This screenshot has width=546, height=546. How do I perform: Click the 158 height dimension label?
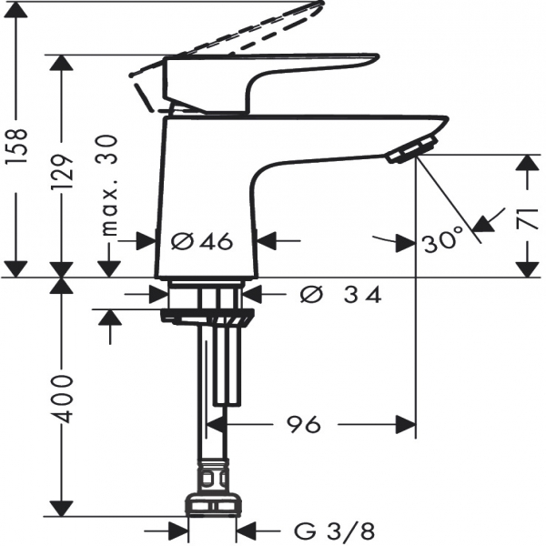[x=16, y=146]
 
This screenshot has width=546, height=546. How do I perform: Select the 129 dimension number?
[x=62, y=172]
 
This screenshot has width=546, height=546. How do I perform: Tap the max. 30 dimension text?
[x=108, y=186]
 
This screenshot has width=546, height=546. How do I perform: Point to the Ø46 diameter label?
[x=201, y=241]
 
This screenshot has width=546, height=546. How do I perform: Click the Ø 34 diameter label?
[x=340, y=295]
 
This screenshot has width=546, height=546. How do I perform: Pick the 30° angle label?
[x=443, y=239]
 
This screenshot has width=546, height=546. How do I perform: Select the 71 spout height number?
[x=528, y=218]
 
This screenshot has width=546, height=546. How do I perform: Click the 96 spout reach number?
[x=303, y=424]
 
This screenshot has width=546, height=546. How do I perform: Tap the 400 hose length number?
[x=62, y=399]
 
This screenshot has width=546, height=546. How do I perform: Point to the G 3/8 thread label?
[x=334, y=531]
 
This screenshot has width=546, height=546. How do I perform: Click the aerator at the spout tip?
[x=411, y=150]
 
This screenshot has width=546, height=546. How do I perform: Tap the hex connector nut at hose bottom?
[x=213, y=505]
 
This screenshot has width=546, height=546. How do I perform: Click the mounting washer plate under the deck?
[x=207, y=317]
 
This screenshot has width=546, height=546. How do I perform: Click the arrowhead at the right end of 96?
[x=406, y=424]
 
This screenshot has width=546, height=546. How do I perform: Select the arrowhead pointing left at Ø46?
[x=266, y=240]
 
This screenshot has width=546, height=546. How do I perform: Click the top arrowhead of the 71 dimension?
[x=528, y=163]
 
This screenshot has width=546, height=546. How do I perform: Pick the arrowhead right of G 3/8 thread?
[x=247, y=531]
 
